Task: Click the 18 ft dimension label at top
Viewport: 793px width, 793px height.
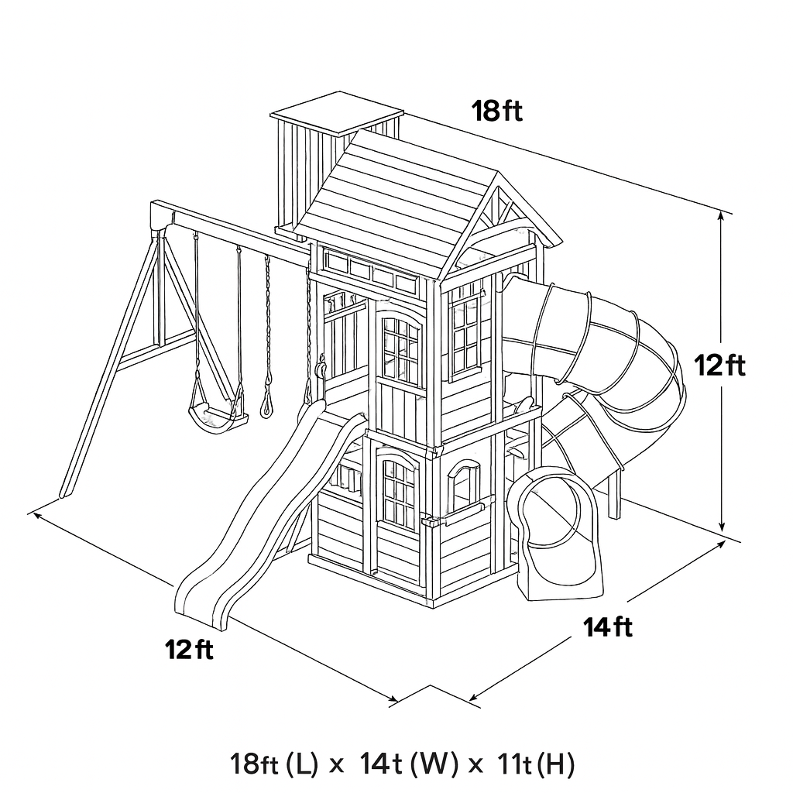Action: [x=497, y=111]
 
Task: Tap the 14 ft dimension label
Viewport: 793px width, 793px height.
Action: [x=608, y=627]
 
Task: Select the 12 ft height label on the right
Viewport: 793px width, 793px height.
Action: [x=719, y=365]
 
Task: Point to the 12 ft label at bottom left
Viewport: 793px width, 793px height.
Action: [x=189, y=649]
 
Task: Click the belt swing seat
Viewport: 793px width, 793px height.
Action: [x=217, y=416]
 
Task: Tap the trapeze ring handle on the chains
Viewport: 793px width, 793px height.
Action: [x=266, y=404]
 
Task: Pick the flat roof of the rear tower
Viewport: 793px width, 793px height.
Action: [x=338, y=113]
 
